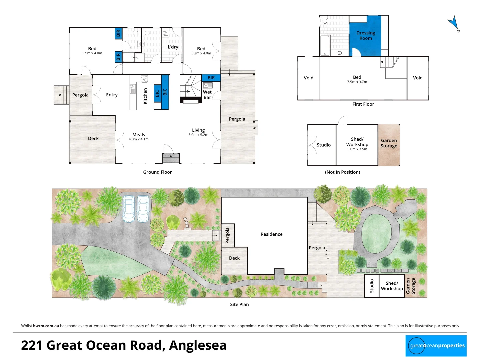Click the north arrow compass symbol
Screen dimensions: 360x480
click(453, 23)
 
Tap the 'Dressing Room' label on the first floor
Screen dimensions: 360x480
click(366, 36)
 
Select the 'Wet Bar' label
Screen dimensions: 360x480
click(207, 95)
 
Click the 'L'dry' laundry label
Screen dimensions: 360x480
click(173, 47)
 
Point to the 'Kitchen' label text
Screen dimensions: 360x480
click(145, 96)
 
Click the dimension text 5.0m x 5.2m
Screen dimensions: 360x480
click(198, 135)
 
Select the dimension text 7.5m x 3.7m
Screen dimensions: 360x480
click(357, 82)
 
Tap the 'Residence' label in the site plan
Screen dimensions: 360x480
click(271, 234)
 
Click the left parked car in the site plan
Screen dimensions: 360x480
click(129, 209)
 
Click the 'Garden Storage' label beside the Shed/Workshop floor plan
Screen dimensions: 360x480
click(389, 143)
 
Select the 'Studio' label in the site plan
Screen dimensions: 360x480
click(372, 286)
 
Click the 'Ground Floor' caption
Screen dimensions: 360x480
click(157, 172)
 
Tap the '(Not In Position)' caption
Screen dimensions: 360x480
click(342, 172)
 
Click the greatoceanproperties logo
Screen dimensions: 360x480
click(436, 346)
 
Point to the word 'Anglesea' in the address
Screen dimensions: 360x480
click(198, 345)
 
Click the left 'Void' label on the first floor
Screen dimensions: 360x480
click(308, 78)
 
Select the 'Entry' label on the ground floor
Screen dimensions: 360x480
click(112, 95)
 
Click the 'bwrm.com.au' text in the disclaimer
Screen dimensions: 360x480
click(46, 326)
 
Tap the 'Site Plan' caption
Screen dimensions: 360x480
click(239, 304)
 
